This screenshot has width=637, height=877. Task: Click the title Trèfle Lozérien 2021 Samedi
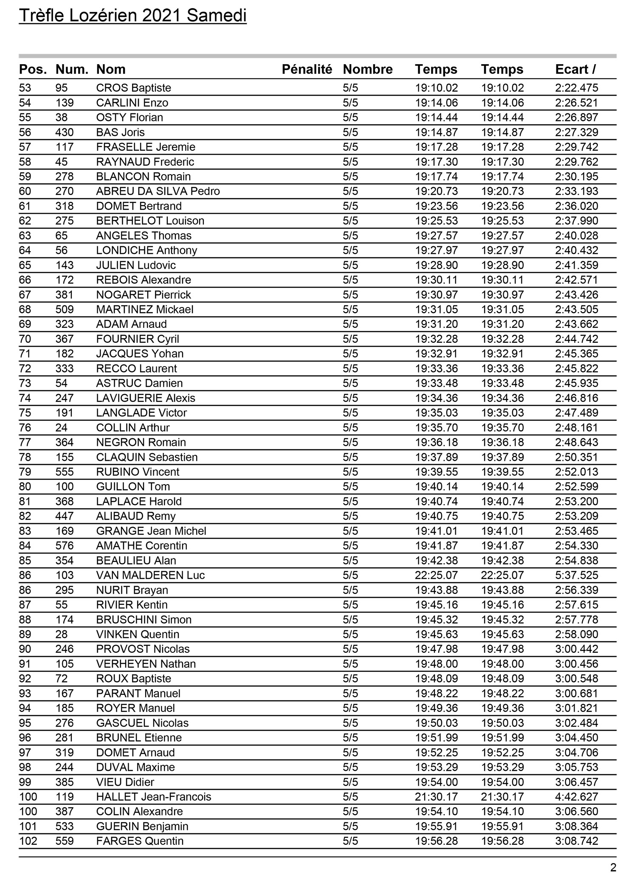click(132, 16)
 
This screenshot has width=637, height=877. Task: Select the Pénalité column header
click(307, 69)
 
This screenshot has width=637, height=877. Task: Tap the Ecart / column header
click(575, 69)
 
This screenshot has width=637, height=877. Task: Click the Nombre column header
click(367, 69)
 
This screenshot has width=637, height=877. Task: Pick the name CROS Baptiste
click(133, 88)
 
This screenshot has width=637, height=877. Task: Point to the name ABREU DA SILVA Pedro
click(158, 192)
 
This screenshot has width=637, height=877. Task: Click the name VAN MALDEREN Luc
click(150, 575)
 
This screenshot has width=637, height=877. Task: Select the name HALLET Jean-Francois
click(153, 797)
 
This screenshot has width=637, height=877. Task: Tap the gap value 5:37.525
click(576, 575)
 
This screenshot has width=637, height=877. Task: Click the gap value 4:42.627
click(576, 797)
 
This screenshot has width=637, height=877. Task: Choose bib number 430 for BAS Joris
click(65, 133)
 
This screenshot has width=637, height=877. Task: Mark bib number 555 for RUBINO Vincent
click(65, 472)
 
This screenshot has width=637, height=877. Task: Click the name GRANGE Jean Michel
click(151, 531)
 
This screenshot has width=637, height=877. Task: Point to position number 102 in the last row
click(28, 841)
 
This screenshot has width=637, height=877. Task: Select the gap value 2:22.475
click(576, 88)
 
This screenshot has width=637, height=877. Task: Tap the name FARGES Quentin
click(140, 841)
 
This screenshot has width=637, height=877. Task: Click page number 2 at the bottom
click(613, 867)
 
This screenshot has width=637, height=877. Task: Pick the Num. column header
click(72, 69)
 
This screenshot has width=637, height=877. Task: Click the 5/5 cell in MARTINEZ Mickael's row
click(350, 310)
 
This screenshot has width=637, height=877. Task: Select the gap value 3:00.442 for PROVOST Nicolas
click(576, 649)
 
